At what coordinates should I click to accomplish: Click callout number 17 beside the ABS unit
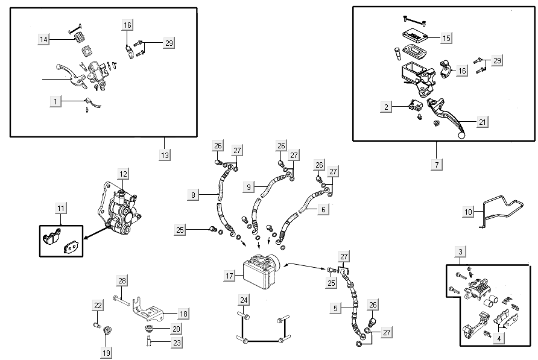coord(230,276)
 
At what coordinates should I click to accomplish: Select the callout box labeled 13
coord(165,155)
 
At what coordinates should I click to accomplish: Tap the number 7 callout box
coord(436,164)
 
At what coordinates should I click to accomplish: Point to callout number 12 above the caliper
coord(123,174)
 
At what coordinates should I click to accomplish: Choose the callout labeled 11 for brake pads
coord(61,209)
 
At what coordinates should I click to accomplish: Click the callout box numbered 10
coord(469,212)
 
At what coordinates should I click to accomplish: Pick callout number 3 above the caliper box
coord(460,251)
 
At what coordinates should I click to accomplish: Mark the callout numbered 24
coord(244,300)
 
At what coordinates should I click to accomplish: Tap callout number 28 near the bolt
coord(122,281)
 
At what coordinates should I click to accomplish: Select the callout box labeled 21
coord(482,122)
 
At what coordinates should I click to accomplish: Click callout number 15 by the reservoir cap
coord(446,38)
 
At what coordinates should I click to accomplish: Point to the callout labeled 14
coord(43,39)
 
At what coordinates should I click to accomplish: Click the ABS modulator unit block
coord(260,271)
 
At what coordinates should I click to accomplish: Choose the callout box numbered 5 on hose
coord(335,308)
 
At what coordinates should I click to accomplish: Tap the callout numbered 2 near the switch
coord(386,107)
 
